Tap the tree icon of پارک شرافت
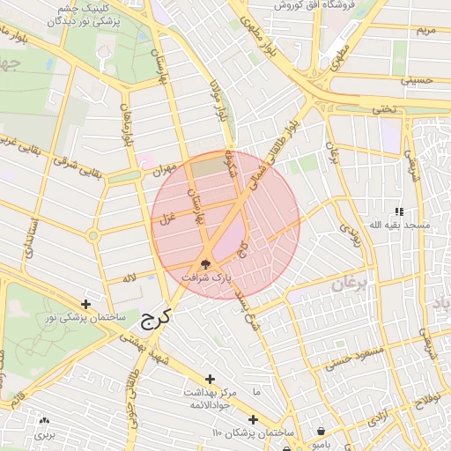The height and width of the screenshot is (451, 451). (205, 263)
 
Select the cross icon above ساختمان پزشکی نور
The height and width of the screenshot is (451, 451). (85, 304)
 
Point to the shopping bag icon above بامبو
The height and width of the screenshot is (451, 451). (321, 432)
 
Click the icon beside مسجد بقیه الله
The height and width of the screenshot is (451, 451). (399, 211)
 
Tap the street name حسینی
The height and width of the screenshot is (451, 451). (417, 79)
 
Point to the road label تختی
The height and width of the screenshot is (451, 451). (383, 109)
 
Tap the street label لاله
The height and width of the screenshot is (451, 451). (129, 278)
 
